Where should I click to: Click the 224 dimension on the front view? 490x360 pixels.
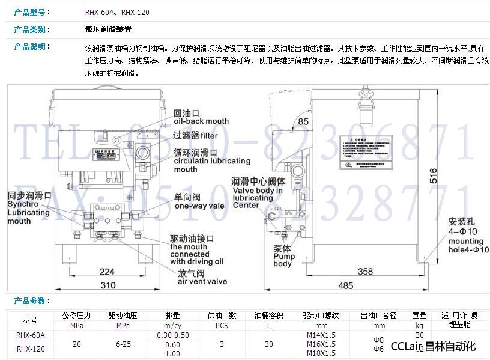106,272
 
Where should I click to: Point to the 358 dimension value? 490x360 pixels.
365,271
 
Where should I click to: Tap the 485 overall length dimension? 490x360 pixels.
345,285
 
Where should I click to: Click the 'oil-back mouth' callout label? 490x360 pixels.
201,121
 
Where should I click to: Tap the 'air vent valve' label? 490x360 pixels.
202,281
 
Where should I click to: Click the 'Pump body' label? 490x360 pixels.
283,257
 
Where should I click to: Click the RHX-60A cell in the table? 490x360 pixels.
31,335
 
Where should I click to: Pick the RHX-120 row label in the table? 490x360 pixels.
31,348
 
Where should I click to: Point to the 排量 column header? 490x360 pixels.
172,315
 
